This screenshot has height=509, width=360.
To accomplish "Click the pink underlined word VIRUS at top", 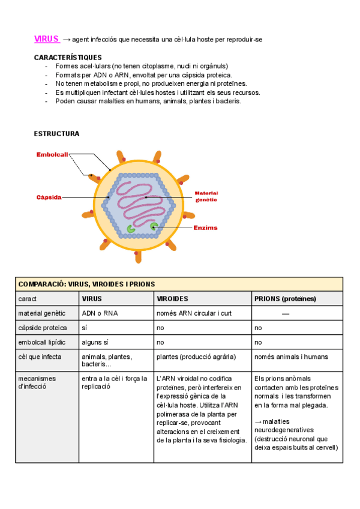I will pos(47,39).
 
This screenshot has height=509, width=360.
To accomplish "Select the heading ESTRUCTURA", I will pos(57,133).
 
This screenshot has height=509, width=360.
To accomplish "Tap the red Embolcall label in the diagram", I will pos(52,154).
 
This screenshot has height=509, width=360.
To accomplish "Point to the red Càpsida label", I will pos(49,197).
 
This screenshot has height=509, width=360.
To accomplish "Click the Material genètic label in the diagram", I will pos(206,196).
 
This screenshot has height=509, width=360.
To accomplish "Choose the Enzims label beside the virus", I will pos(205,228).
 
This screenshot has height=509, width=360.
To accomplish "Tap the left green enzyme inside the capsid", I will pos(131,228).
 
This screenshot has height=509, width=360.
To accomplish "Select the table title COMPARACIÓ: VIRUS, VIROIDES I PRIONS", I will pos(87,284).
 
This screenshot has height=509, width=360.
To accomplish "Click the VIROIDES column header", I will pos(173,298).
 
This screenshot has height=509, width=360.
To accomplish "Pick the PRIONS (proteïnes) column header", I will pos(285,298).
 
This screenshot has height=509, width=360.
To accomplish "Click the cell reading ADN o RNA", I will pos(100,313).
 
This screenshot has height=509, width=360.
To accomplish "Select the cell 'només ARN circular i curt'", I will pos(194,313).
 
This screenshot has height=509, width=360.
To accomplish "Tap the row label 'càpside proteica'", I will pos(43,328).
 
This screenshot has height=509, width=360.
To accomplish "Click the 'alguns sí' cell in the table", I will pos(95,342).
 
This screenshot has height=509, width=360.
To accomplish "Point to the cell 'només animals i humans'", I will pos(291,357).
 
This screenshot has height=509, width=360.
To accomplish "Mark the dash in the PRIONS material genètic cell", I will pos(286,313).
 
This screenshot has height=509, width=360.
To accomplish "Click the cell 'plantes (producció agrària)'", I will pos(196,357).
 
